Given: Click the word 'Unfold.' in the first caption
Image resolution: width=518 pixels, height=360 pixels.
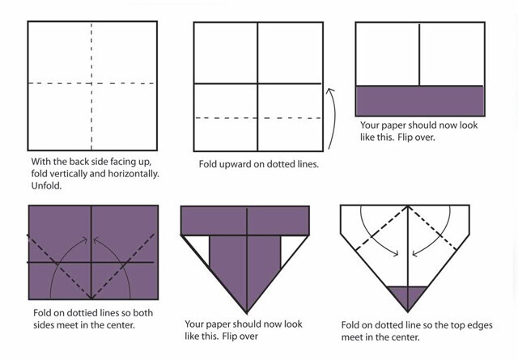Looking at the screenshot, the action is click(x=47, y=185).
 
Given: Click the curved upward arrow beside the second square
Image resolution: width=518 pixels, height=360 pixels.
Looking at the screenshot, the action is click(x=331, y=119).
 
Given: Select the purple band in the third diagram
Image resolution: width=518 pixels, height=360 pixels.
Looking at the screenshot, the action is click(x=420, y=101).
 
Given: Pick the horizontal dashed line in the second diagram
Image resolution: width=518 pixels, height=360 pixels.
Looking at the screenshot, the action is click(x=258, y=118).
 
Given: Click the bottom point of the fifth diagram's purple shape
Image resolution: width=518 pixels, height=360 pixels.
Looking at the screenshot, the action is click(x=246, y=313).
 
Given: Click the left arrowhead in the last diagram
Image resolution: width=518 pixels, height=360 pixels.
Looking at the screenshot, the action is click(x=395, y=253).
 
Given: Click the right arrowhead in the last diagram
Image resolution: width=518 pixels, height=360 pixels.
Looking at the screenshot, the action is click(x=415, y=254).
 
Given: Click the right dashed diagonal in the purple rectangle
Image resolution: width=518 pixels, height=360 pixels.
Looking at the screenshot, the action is click(x=123, y=266).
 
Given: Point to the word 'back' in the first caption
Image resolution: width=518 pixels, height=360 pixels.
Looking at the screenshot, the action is click(x=78, y=162).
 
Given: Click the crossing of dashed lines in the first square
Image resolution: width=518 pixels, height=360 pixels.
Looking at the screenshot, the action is click(x=91, y=83).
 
